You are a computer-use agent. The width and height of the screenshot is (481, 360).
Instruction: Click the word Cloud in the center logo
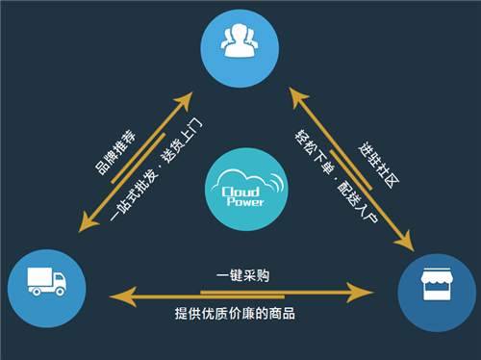[x=235, y=176]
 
